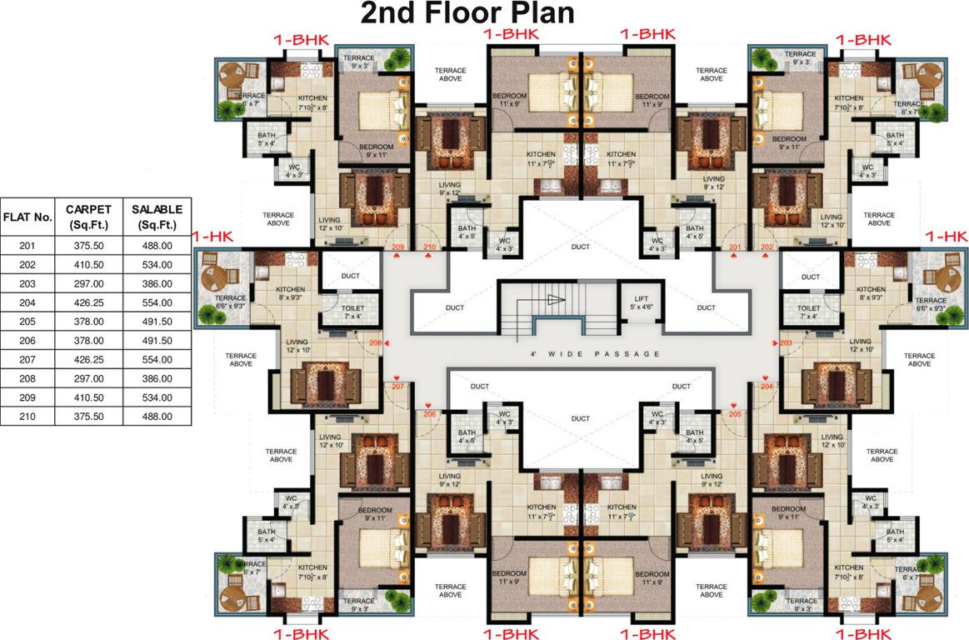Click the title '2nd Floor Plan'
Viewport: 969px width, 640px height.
click(x=467, y=14)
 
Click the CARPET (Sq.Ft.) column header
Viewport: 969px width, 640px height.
click(x=87, y=215)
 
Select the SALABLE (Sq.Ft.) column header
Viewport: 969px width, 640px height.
click(x=157, y=215)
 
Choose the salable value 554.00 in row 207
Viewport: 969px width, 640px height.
click(x=157, y=359)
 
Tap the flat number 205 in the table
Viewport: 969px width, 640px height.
click(x=27, y=322)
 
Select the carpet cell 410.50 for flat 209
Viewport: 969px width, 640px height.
click(x=87, y=397)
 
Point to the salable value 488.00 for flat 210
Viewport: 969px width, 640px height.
click(x=157, y=416)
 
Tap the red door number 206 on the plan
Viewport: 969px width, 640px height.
click(x=429, y=414)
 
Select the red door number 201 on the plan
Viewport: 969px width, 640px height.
click(x=735, y=247)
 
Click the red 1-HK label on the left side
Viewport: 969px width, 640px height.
click(x=212, y=237)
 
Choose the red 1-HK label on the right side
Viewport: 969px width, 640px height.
click(x=946, y=237)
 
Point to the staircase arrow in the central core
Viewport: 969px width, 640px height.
click(x=557, y=301)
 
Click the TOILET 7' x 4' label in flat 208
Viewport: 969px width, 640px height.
click(x=353, y=312)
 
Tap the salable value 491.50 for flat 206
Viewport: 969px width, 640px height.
click(x=157, y=341)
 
